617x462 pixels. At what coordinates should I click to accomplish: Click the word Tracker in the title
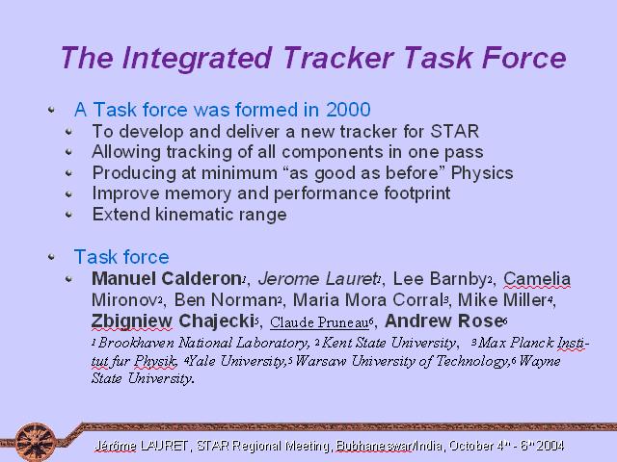point(337,58)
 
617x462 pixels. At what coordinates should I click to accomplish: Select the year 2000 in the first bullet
point(348,109)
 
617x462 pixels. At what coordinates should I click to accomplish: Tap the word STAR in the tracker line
point(455,131)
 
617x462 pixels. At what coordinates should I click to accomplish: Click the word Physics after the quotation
point(482,173)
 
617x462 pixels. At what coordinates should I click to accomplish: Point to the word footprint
point(417,193)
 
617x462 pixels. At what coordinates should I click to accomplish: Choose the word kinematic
point(189,215)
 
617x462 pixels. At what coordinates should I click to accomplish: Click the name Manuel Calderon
point(167,278)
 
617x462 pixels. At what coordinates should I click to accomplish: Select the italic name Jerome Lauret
point(317,278)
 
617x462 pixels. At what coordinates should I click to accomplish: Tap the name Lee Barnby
point(441,278)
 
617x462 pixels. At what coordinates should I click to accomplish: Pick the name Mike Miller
point(502,300)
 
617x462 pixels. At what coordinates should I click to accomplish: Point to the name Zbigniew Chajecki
point(173,321)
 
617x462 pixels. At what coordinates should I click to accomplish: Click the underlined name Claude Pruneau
point(319,322)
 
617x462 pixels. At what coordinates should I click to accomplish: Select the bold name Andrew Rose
point(443,321)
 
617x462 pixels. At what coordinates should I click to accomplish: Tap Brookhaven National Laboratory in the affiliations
point(202,343)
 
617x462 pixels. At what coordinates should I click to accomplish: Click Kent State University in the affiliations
point(389,343)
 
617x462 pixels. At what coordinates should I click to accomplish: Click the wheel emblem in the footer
point(36,442)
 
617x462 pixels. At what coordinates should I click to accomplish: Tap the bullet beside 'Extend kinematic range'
point(68,215)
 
